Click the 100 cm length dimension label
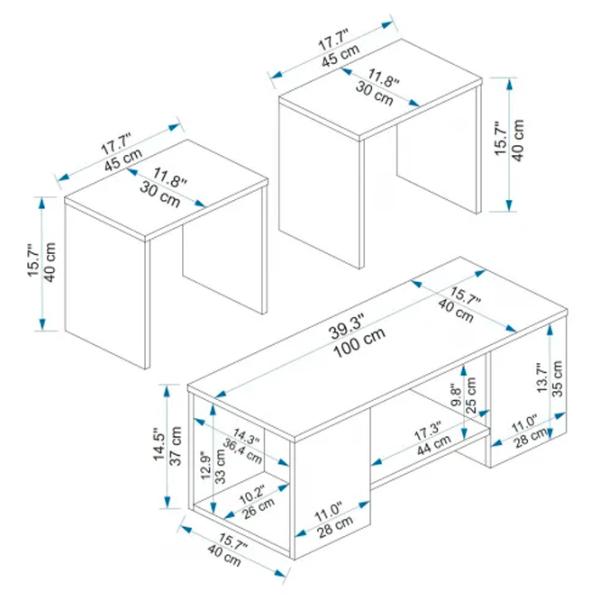[359, 342]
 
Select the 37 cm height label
[175, 446]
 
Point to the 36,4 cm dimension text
[243, 450]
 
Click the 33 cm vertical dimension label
[220, 465]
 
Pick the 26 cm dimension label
[258, 508]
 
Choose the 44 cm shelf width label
[434, 444]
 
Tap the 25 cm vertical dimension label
[471, 395]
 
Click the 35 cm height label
[557, 378]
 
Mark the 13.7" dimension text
[543, 377]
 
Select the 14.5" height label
[160, 447]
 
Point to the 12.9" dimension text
[205, 465]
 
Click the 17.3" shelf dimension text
[428, 432]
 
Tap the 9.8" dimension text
[456, 395]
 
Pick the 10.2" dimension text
[252, 495]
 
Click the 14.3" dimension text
[247, 436]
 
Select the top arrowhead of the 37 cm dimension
[167, 391]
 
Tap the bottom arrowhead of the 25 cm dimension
[464, 433]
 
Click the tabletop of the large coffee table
[377, 346]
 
